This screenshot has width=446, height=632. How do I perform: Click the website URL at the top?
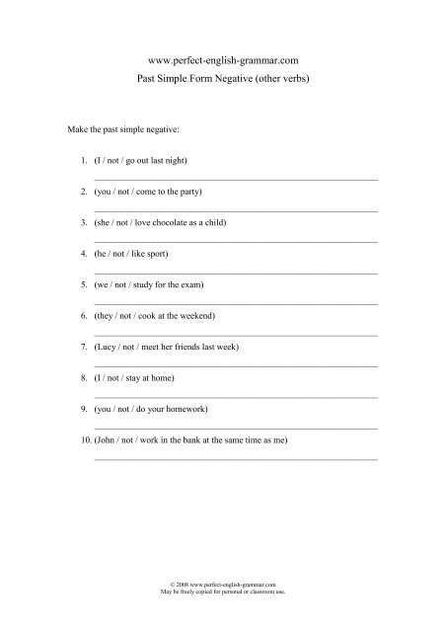point(222,59)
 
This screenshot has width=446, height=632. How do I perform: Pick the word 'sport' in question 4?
point(158,255)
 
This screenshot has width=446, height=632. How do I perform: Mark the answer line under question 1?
point(235,178)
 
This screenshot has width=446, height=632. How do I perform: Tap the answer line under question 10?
point(235,460)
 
